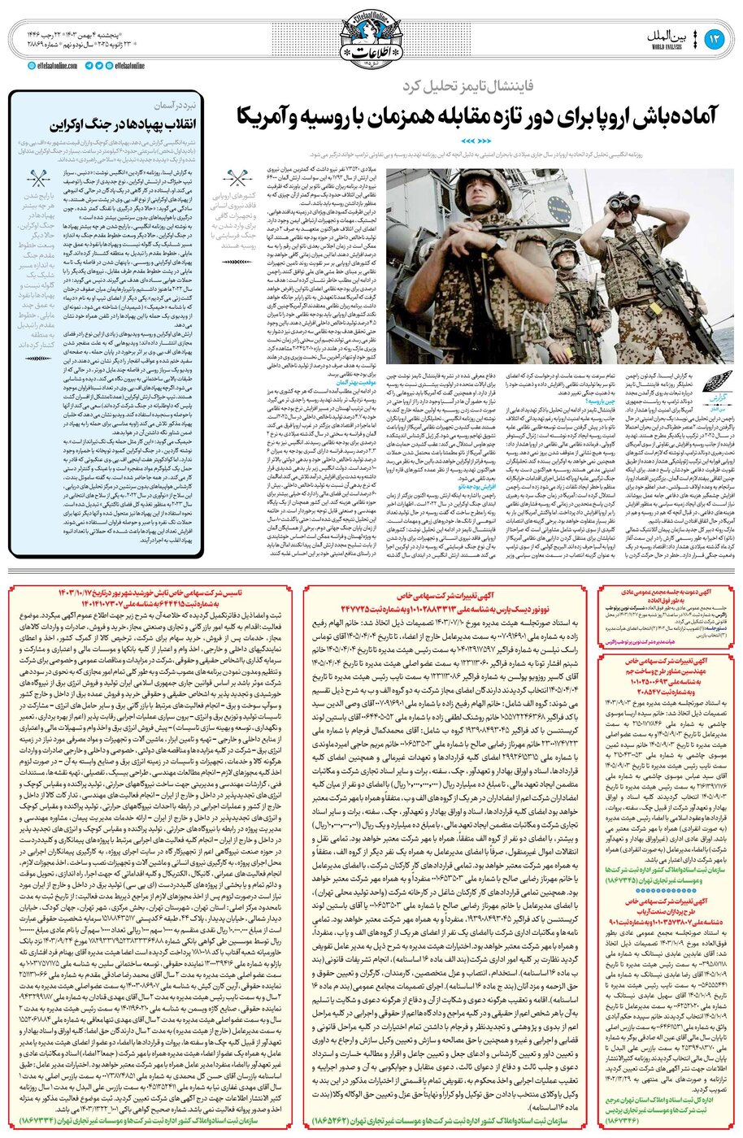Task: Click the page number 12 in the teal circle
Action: tap(715, 40)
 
